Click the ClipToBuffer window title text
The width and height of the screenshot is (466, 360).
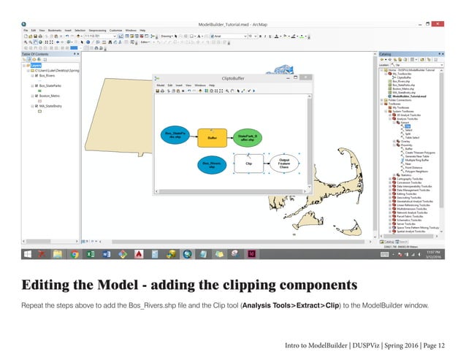[x=232, y=77]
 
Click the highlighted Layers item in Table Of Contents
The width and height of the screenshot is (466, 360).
[x=36, y=64]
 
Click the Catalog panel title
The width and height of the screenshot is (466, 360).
[x=387, y=54]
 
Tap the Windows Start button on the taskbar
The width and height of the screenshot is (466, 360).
[x=27, y=253]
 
